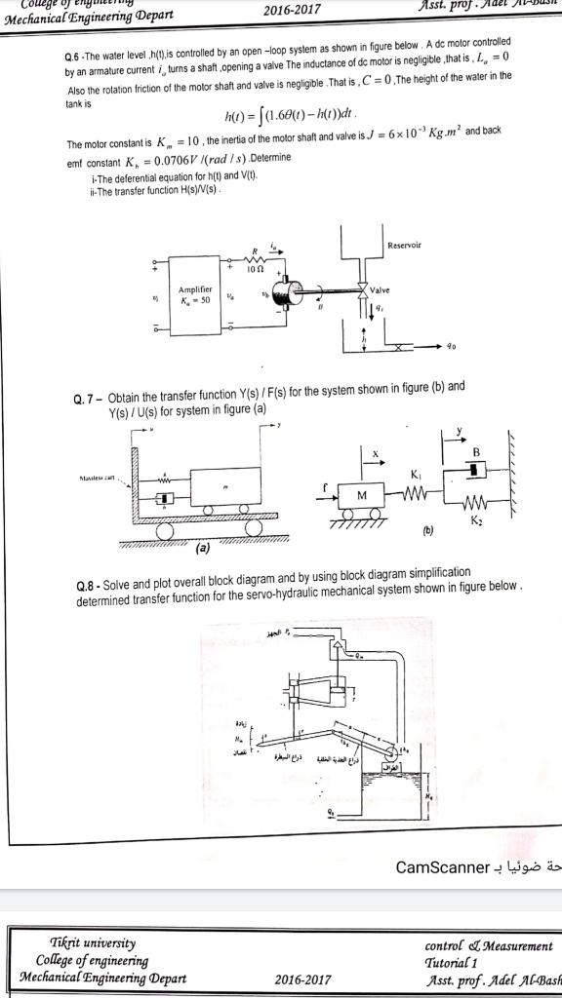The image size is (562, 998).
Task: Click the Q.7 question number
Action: (87, 399)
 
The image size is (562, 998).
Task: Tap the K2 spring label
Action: (475, 523)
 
